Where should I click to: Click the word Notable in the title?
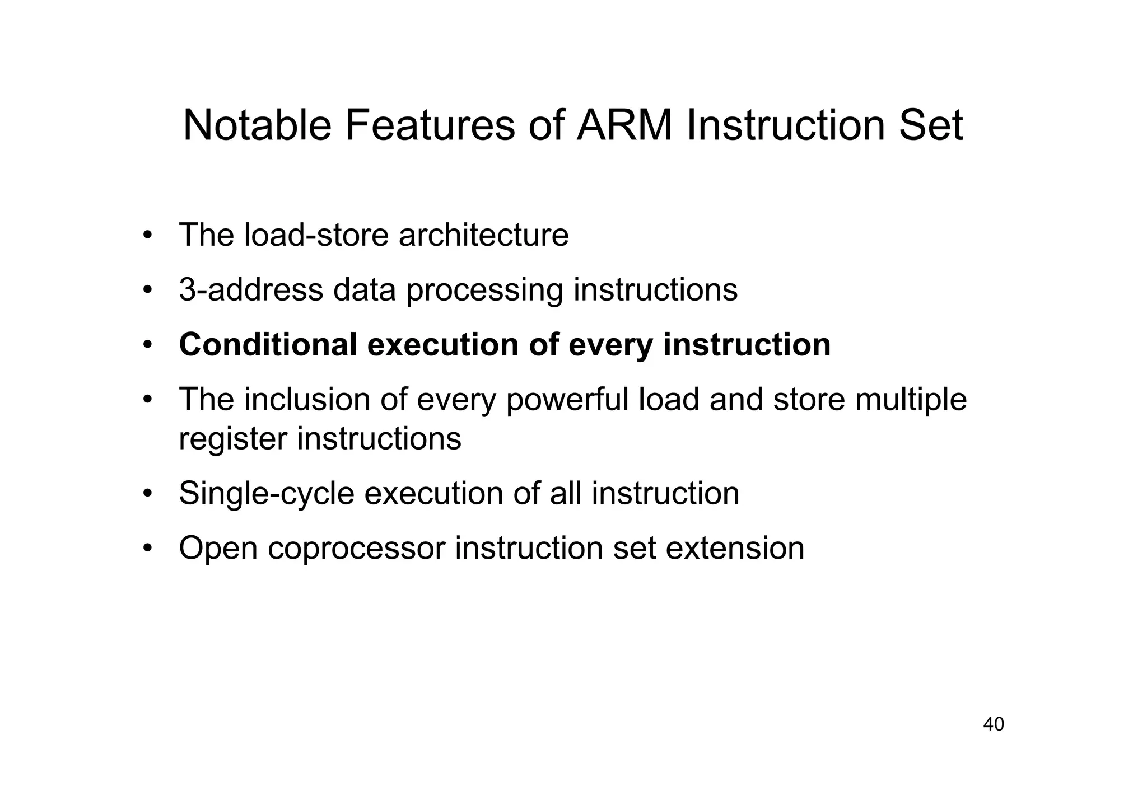point(257,125)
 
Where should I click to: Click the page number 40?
point(994,724)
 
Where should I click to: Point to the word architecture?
point(483,235)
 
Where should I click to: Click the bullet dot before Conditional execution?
point(147,344)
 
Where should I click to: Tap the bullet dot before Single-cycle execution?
point(147,493)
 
